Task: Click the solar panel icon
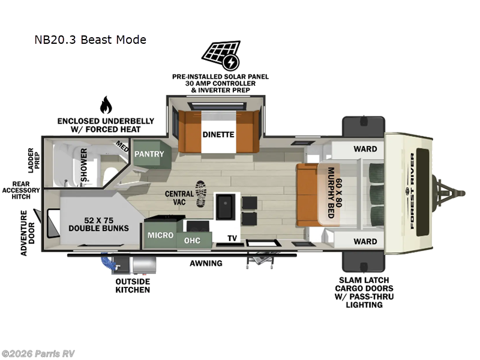[x=221, y=55]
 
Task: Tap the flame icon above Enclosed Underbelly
[x=106, y=104]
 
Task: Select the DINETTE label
[x=218, y=134]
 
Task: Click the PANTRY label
[x=149, y=154]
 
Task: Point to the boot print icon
[x=201, y=194]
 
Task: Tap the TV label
[x=232, y=238]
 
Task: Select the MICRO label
[x=160, y=235]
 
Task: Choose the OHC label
[x=192, y=241]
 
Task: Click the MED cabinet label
[x=122, y=146]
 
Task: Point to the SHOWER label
[x=83, y=164]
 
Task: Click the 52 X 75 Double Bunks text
[x=98, y=224]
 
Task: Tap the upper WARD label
[x=365, y=149]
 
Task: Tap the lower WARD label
[x=365, y=242]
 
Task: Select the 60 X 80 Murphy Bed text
[x=334, y=193]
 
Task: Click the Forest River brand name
[x=412, y=191]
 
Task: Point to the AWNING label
[x=206, y=263]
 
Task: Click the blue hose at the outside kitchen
[x=107, y=262]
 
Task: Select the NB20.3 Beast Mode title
[x=91, y=40]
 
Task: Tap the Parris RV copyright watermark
[x=38, y=354]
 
